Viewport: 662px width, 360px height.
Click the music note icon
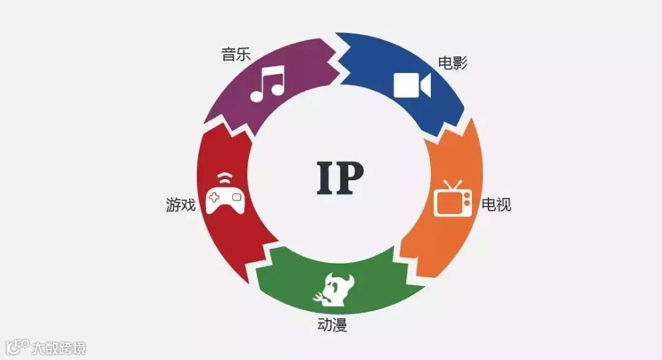pyautogui.click(x=268, y=85)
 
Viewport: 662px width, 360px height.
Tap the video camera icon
pyautogui.click(x=412, y=85)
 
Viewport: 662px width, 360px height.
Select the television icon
pyautogui.click(x=453, y=199)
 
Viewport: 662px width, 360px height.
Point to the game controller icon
pyautogui.click(x=225, y=197)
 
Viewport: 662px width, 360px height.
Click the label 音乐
pyautogui.click(x=236, y=55)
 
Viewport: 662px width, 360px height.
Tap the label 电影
pyautogui.click(x=452, y=63)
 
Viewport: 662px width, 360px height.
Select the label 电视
pyautogui.click(x=496, y=204)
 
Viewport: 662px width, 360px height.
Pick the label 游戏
pyautogui.click(x=181, y=205)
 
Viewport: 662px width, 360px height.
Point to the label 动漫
pyautogui.click(x=332, y=325)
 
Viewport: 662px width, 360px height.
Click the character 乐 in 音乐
pyautogui.click(x=243, y=55)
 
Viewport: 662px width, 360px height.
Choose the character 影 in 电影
pyautogui.click(x=460, y=63)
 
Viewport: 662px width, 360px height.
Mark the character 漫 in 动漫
pyautogui.click(x=340, y=325)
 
